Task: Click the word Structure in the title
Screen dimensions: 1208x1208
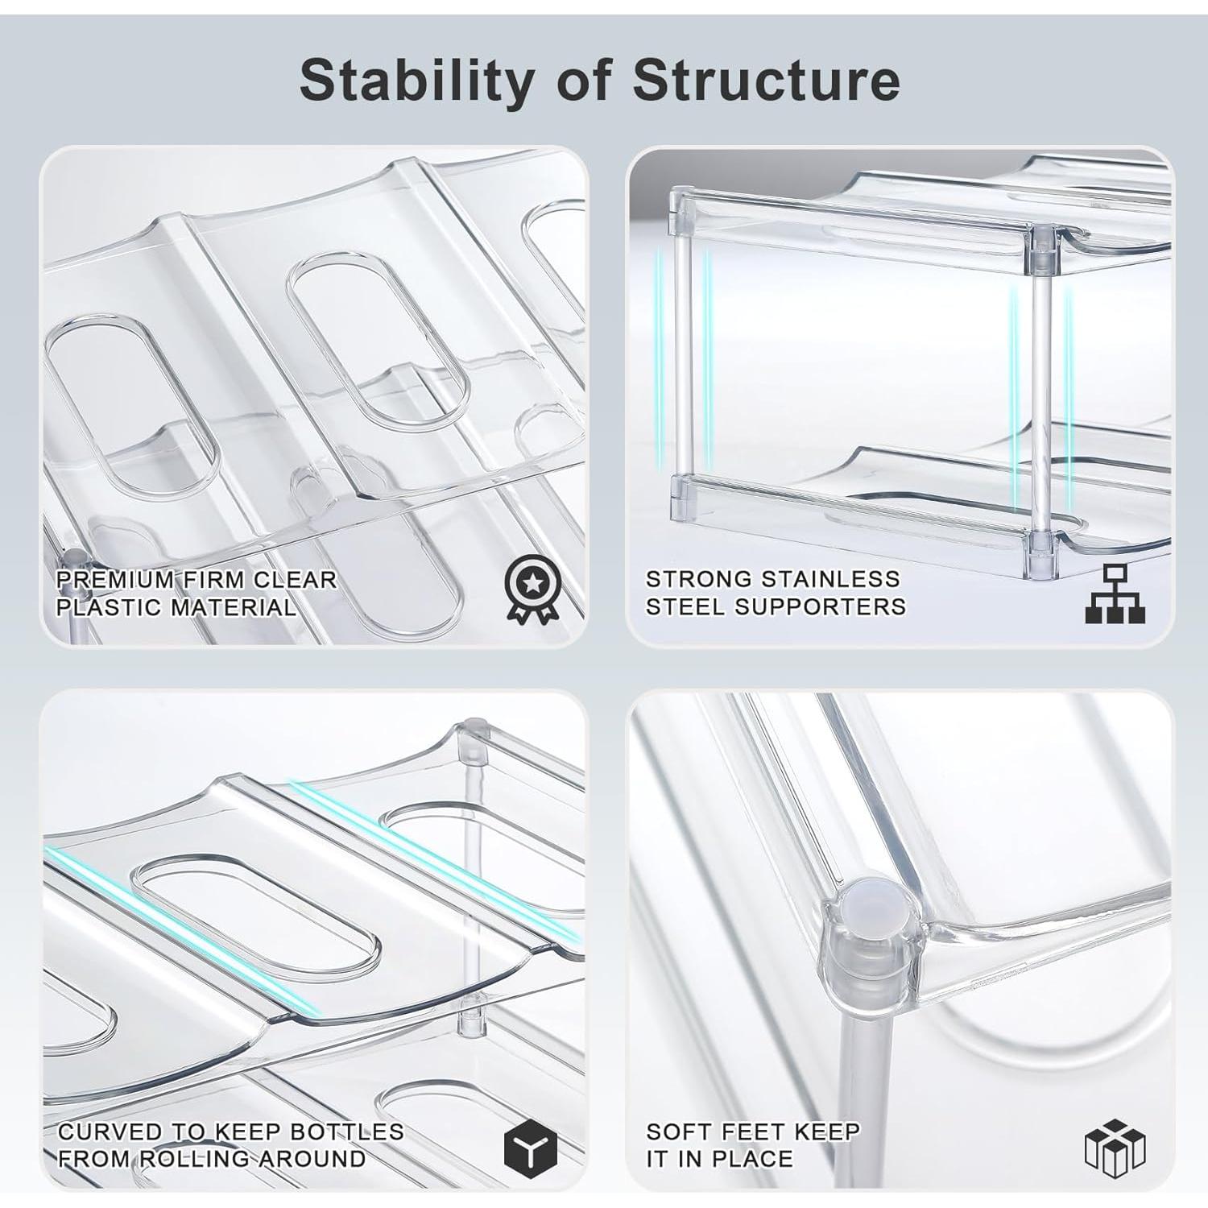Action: (x=766, y=81)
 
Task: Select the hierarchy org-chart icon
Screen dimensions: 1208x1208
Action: (x=1115, y=594)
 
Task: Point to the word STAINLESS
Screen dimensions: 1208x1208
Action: (x=830, y=579)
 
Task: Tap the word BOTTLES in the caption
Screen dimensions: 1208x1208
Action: (x=346, y=1131)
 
